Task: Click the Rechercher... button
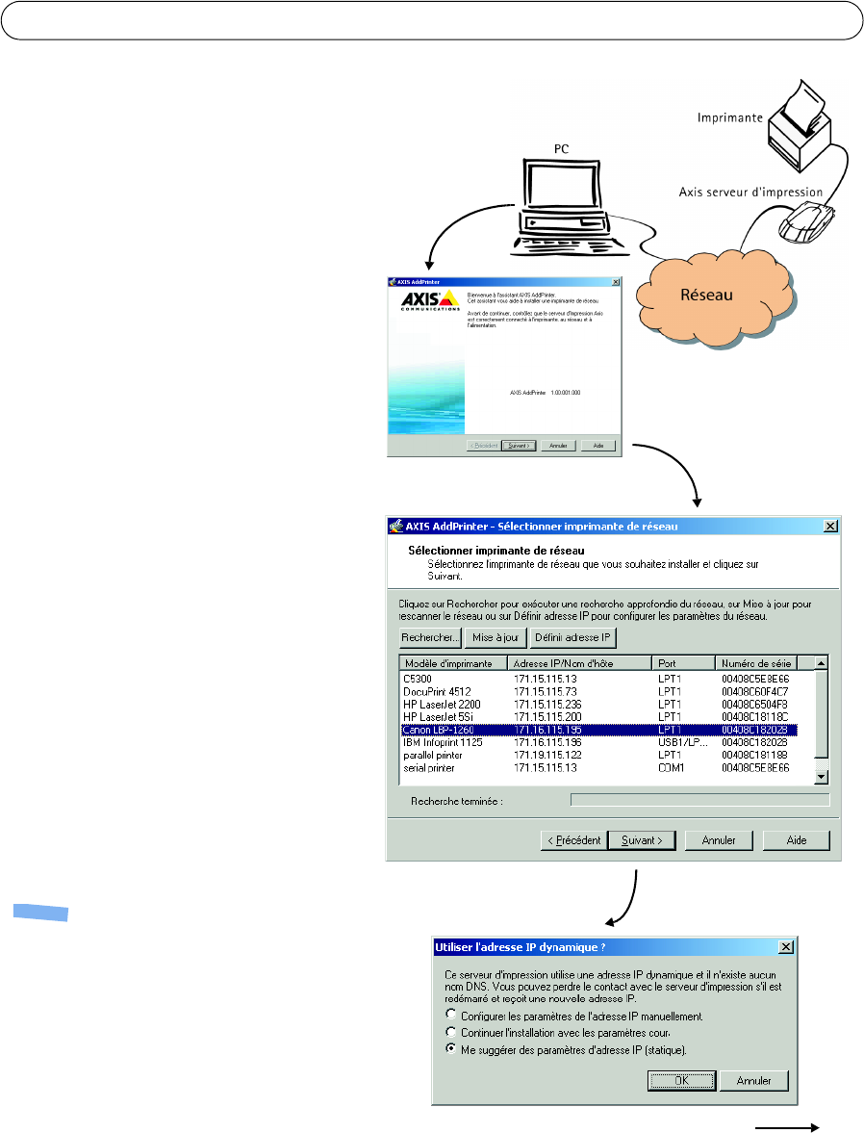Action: tap(429, 637)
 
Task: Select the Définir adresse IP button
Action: tap(573, 637)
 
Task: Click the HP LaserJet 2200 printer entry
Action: tap(444, 704)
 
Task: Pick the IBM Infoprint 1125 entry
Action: tap(444, 742)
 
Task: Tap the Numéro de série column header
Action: tap(762, 663)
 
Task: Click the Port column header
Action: tap(682, 663)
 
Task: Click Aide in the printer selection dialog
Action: tap(797, 839)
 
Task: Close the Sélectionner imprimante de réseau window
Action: tap(829, 526)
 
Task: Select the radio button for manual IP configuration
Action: tap(451, 1015)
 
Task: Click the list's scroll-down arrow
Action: tap(821, 777)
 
